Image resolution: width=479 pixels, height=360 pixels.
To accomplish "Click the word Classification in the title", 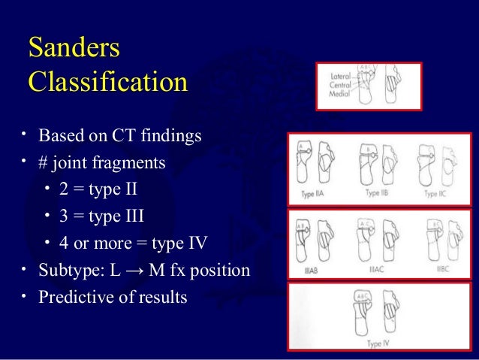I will click(107, 80).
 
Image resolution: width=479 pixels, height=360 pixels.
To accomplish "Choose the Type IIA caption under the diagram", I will click(312, 195).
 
